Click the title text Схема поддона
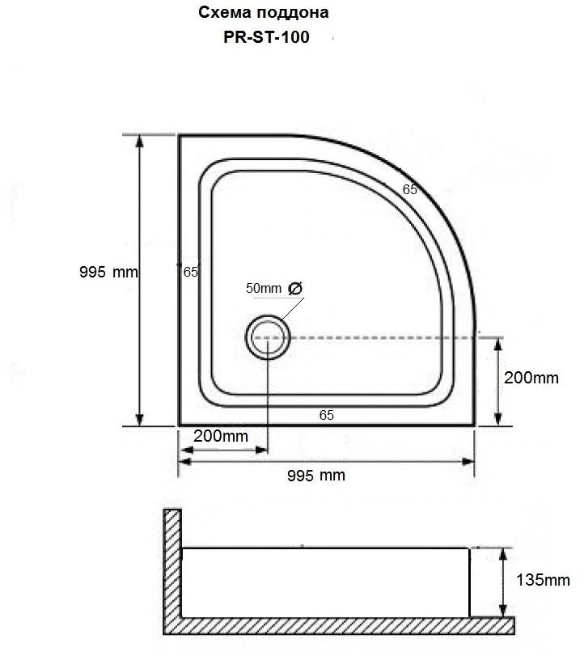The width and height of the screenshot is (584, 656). click(263, 14)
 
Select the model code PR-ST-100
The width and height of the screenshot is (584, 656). click(266, 37)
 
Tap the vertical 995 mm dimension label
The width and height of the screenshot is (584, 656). click(108, 273)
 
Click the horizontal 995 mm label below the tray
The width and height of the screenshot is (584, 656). click(315, 476)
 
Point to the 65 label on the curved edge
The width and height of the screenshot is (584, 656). click(409, 189)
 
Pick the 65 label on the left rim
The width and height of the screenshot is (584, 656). click(191, 273)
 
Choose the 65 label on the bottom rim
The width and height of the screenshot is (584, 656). click(326, 415)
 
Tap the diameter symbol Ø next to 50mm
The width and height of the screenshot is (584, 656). click(294, 289)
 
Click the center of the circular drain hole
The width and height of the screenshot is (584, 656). click(266, 337)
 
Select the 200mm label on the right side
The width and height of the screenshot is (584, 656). click(531, 378)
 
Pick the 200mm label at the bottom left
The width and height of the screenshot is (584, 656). click(220, 436)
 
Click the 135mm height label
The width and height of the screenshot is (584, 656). click(543, 580)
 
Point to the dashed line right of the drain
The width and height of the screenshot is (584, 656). click(380, 337)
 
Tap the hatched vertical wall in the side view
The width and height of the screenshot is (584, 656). click(172, 566)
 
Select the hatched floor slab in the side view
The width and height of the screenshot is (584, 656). click(340, 624)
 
